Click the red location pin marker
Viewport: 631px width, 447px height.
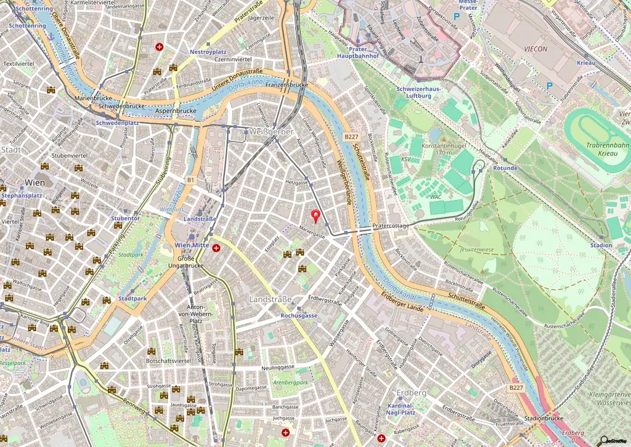click(x=317, y=215)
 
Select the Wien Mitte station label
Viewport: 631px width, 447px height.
click(x=192, y=245)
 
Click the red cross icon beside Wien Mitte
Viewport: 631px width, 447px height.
click(x=216, y=248)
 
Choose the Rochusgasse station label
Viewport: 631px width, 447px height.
click(x=299, y=315)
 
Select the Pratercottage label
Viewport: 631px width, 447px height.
click(x=391, y=226)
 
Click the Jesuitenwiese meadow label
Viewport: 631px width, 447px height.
click(x=478, y=250)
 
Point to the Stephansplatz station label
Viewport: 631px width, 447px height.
click(x=21, y=195)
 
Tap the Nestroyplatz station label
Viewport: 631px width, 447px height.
click(x=210, y=52)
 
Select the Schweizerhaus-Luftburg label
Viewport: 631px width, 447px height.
click(x=418, y=92)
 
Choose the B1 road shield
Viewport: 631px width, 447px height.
click(x=190, y=180)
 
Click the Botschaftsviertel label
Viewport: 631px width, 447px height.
click(x=168, y=360)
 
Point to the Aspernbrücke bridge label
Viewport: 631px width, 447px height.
click(x=176, y=111)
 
